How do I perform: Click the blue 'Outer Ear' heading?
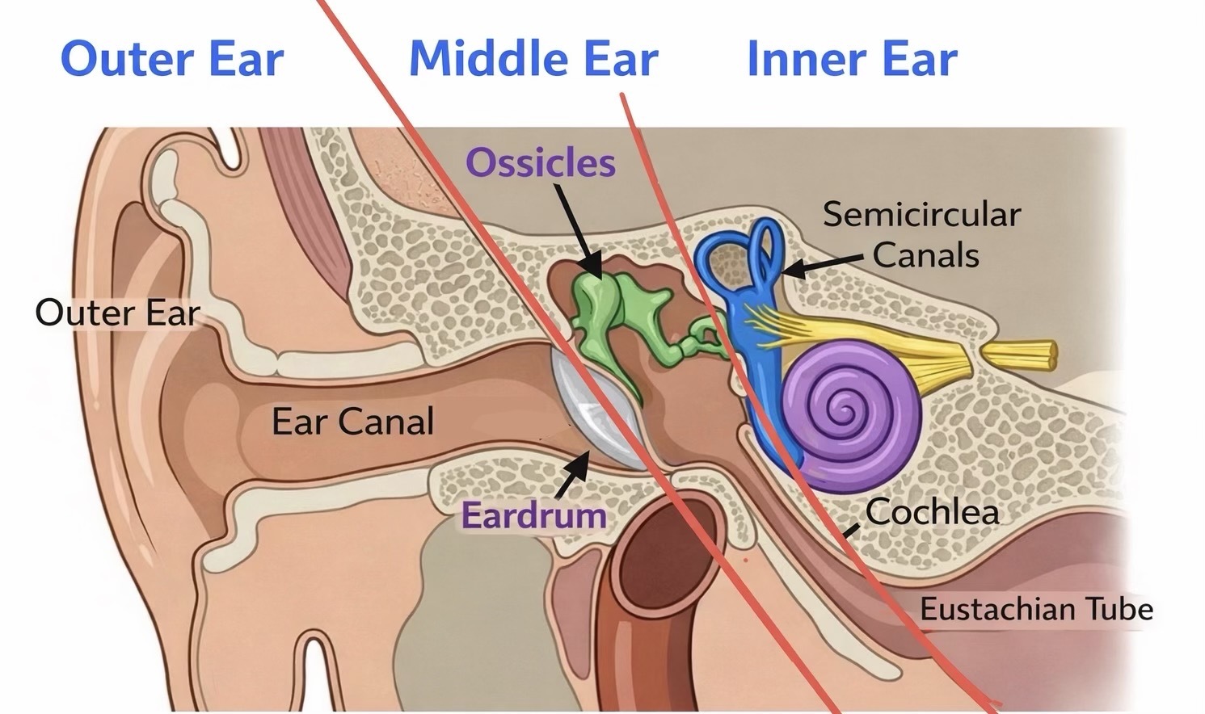click(172, 59)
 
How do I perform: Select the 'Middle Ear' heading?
click(533, 59)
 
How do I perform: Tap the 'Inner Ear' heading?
click(852, 59)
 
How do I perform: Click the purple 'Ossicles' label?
click(540, 163)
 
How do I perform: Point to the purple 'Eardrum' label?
click(533, 515)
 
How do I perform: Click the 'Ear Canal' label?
click(352, 422)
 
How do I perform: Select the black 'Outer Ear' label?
click(117, 313)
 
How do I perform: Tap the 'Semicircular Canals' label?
click(922, 235)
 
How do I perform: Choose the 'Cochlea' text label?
click(932, 512)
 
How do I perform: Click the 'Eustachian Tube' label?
click(1036, 609)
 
